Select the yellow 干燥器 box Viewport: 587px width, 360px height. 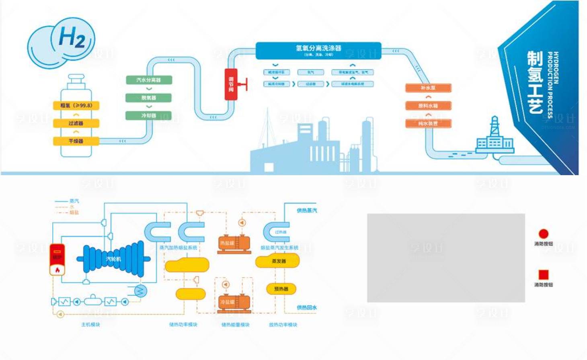pyautogui.click(x=76, y=141)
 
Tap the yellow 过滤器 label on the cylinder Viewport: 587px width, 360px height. pyautogui.click(x=76, y=123)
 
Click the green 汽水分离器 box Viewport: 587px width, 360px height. pyautogui.click(x=149, y=80)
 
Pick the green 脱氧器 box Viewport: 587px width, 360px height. pyautogui.click(x=149, y=98)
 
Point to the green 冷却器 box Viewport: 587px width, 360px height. pyautogui.click(x=149, y=116)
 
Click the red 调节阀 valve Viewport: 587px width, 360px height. pyautogui.click(x=231, y=84)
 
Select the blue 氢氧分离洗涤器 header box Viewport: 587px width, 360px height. pyautogui.click(x=318, y=50)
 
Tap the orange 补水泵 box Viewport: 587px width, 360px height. pyautogui.click(x=428, y=88)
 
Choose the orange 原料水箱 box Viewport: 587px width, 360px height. pyautogui.click(x=428, y=106)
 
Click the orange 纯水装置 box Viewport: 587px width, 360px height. pyautogui.click(x=428, y=123)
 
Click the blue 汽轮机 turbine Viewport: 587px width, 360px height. pyautogui.click(x=113, y=259)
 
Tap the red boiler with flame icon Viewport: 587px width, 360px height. pyautogui.click(x=57, y=260)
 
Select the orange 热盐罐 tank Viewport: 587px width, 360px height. pyautogui.click(x=234, y=243)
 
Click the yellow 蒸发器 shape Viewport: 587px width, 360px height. pyautogui.click(x=278, y=261)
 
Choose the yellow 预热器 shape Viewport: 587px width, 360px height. pyautogui.click(x=281, y=288)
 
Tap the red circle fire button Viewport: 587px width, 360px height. pyautogui.click(x=544, y=233)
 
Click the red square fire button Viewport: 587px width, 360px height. pyautogui.click(x=544, y=274)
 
